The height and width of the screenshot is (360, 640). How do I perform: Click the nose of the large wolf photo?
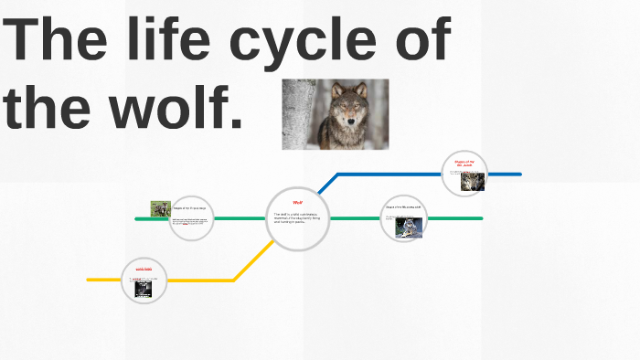pos(349,122)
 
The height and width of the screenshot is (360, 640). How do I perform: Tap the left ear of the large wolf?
pos(336,90)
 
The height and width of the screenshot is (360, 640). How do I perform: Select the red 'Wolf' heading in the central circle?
pos(297,202)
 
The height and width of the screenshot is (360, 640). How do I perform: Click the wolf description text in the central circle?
pos(296,217)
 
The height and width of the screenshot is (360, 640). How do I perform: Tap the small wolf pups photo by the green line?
pos(161,209)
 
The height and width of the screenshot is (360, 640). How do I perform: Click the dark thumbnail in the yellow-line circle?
pos(144,288)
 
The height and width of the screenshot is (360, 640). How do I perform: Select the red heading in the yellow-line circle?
pos(144,269)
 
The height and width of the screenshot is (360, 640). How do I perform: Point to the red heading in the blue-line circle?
pos(464,163)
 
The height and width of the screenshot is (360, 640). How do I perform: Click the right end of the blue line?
pos(518,174)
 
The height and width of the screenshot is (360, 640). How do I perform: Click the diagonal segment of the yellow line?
pos(253,260)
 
